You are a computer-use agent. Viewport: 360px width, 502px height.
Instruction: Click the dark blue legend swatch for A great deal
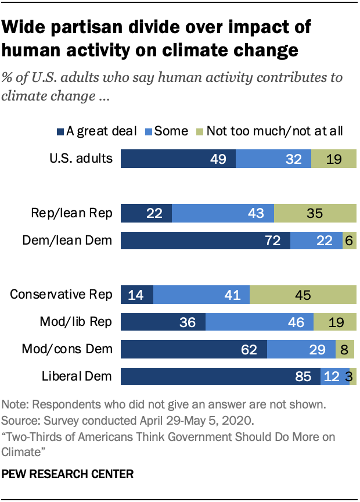tap(62, 131)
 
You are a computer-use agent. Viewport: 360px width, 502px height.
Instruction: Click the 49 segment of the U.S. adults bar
tap(178, 158)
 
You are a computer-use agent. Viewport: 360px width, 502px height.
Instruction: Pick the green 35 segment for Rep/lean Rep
tap(315, 213)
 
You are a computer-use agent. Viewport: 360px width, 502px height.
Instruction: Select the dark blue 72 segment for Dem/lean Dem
tap(205, 239)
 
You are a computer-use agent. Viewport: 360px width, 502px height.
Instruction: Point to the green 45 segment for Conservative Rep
tap(303, 295)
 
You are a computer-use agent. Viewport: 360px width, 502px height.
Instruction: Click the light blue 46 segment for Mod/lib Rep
tap(260, 322)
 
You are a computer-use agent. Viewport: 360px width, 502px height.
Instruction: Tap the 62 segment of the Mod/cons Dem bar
tap(193, 349)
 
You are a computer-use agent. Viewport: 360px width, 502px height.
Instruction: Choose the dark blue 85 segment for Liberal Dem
tap(221, 376)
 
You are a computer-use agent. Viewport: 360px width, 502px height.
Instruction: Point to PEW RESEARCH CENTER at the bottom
tap(67, 474)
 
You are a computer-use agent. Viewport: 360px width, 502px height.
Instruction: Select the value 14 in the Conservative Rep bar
tap(136, 295)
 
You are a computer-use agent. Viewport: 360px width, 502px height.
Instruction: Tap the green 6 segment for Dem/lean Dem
tap(349, 239)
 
